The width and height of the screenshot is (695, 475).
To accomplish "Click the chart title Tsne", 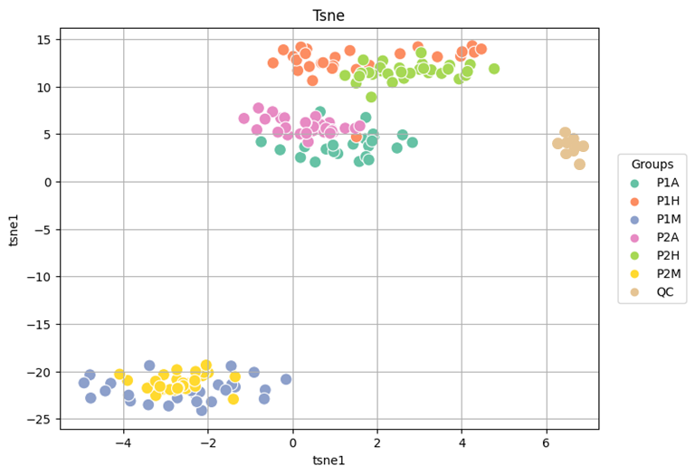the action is point(328,15).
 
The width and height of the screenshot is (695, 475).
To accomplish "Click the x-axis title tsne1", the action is point(328,461).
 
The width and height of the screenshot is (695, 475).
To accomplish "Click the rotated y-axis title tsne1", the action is point(14,229).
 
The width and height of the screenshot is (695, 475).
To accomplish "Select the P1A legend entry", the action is point(654,183).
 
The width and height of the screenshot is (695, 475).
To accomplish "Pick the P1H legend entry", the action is point(654,201).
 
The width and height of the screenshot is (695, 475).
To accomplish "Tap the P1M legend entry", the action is point(655,219).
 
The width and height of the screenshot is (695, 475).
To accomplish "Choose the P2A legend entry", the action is point(654,237).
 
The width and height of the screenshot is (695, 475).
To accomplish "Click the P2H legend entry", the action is point(654,256).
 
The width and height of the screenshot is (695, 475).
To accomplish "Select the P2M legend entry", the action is point(655,274).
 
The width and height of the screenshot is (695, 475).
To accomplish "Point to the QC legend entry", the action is point(652,292).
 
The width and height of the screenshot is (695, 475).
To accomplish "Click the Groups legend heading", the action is point(652,165).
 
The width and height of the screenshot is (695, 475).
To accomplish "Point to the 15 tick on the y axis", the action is point(44,40).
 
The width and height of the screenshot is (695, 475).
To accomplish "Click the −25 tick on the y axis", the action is point(40,420).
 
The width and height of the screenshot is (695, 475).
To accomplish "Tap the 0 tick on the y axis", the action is point(48,182).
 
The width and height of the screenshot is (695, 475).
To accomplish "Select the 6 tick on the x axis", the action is point(547,443).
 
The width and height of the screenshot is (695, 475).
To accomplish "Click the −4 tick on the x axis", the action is point(123,443).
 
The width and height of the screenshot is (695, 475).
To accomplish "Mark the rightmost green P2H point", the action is point(494,69).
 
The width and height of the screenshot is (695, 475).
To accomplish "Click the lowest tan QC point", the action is point(579,165).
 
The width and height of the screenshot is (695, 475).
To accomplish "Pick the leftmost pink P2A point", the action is point(243,119).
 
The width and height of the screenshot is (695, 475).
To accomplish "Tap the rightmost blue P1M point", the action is point(286,379).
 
